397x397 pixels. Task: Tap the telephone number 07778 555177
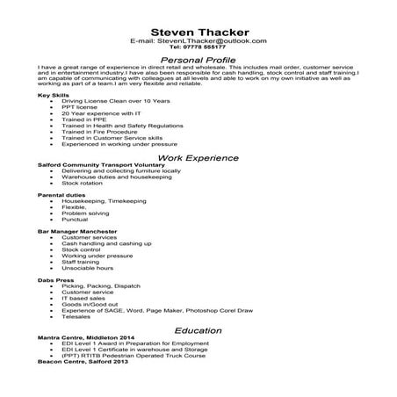[198, 49]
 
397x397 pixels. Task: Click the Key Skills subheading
[54, 95]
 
